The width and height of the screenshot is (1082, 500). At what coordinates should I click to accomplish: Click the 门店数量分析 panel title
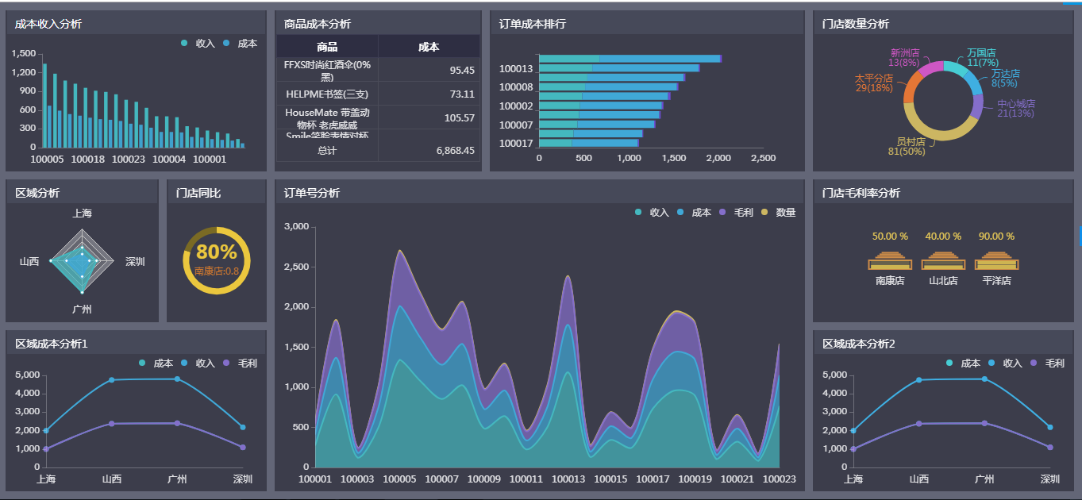coord(856,24)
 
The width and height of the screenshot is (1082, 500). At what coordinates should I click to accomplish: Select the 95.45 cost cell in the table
coord(461,71)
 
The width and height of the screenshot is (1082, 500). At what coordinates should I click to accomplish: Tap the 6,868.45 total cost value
coord(455,151)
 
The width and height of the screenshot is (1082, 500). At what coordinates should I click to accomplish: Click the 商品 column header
coord(327,47)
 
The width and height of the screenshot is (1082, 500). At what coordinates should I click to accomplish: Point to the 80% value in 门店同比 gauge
coord(217,252)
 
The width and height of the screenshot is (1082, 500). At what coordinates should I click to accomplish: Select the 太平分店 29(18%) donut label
coord(873,83)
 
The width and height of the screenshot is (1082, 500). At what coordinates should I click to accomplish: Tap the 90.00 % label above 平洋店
coord(996,237)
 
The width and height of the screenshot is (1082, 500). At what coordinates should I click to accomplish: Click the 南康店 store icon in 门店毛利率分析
coord(890,261)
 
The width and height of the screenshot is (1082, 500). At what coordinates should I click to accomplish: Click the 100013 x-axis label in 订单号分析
coord(568,479)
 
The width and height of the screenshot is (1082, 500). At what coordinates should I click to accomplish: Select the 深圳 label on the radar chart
coord(135,262)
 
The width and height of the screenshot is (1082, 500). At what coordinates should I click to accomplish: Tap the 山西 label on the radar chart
coord(29,262)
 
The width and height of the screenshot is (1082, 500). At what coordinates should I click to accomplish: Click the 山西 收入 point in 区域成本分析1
coord(112,380)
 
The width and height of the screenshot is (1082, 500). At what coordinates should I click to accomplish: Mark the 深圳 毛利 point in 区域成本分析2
coord(1049,448)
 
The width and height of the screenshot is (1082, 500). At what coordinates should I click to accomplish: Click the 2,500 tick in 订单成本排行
coord(763,159)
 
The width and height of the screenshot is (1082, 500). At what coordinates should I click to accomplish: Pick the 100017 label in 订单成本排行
coord(516,144)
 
